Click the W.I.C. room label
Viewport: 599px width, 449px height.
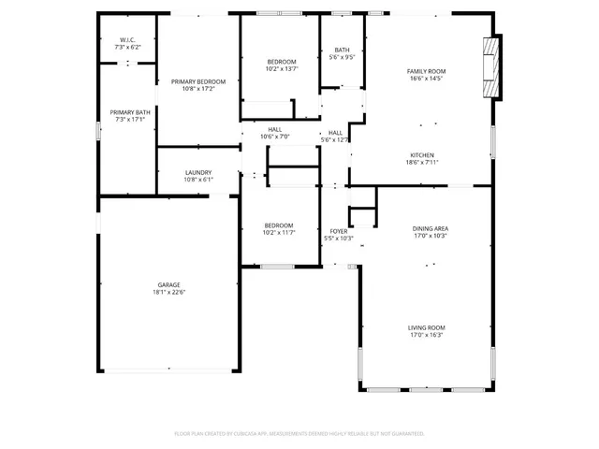(127, 39)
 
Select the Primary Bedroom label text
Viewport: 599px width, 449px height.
(197, 82)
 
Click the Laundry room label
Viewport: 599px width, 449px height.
(197, 172)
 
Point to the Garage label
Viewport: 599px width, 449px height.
(168, 285)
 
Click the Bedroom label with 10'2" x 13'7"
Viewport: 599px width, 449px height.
(281, 62)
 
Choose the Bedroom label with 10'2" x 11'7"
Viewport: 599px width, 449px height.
(278, 225)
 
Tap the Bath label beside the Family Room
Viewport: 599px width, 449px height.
(343, 51)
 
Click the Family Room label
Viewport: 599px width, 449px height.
(425, 72)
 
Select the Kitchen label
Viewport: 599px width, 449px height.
(422, 155)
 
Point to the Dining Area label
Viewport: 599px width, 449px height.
(430, 228)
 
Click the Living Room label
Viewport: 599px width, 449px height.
(425, 327)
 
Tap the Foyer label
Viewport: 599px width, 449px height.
(338, 231)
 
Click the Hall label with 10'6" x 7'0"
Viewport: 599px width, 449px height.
(275, 130)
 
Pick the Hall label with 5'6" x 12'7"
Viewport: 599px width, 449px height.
(335, 133)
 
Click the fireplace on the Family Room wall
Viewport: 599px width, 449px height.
(489, 68)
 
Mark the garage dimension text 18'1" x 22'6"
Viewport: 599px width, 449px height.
(168, 293)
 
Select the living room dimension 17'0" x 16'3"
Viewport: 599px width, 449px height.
(425, 335)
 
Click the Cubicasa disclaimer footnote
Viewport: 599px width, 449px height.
(299, 433)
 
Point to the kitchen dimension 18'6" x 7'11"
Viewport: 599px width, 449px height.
(422, 163)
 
